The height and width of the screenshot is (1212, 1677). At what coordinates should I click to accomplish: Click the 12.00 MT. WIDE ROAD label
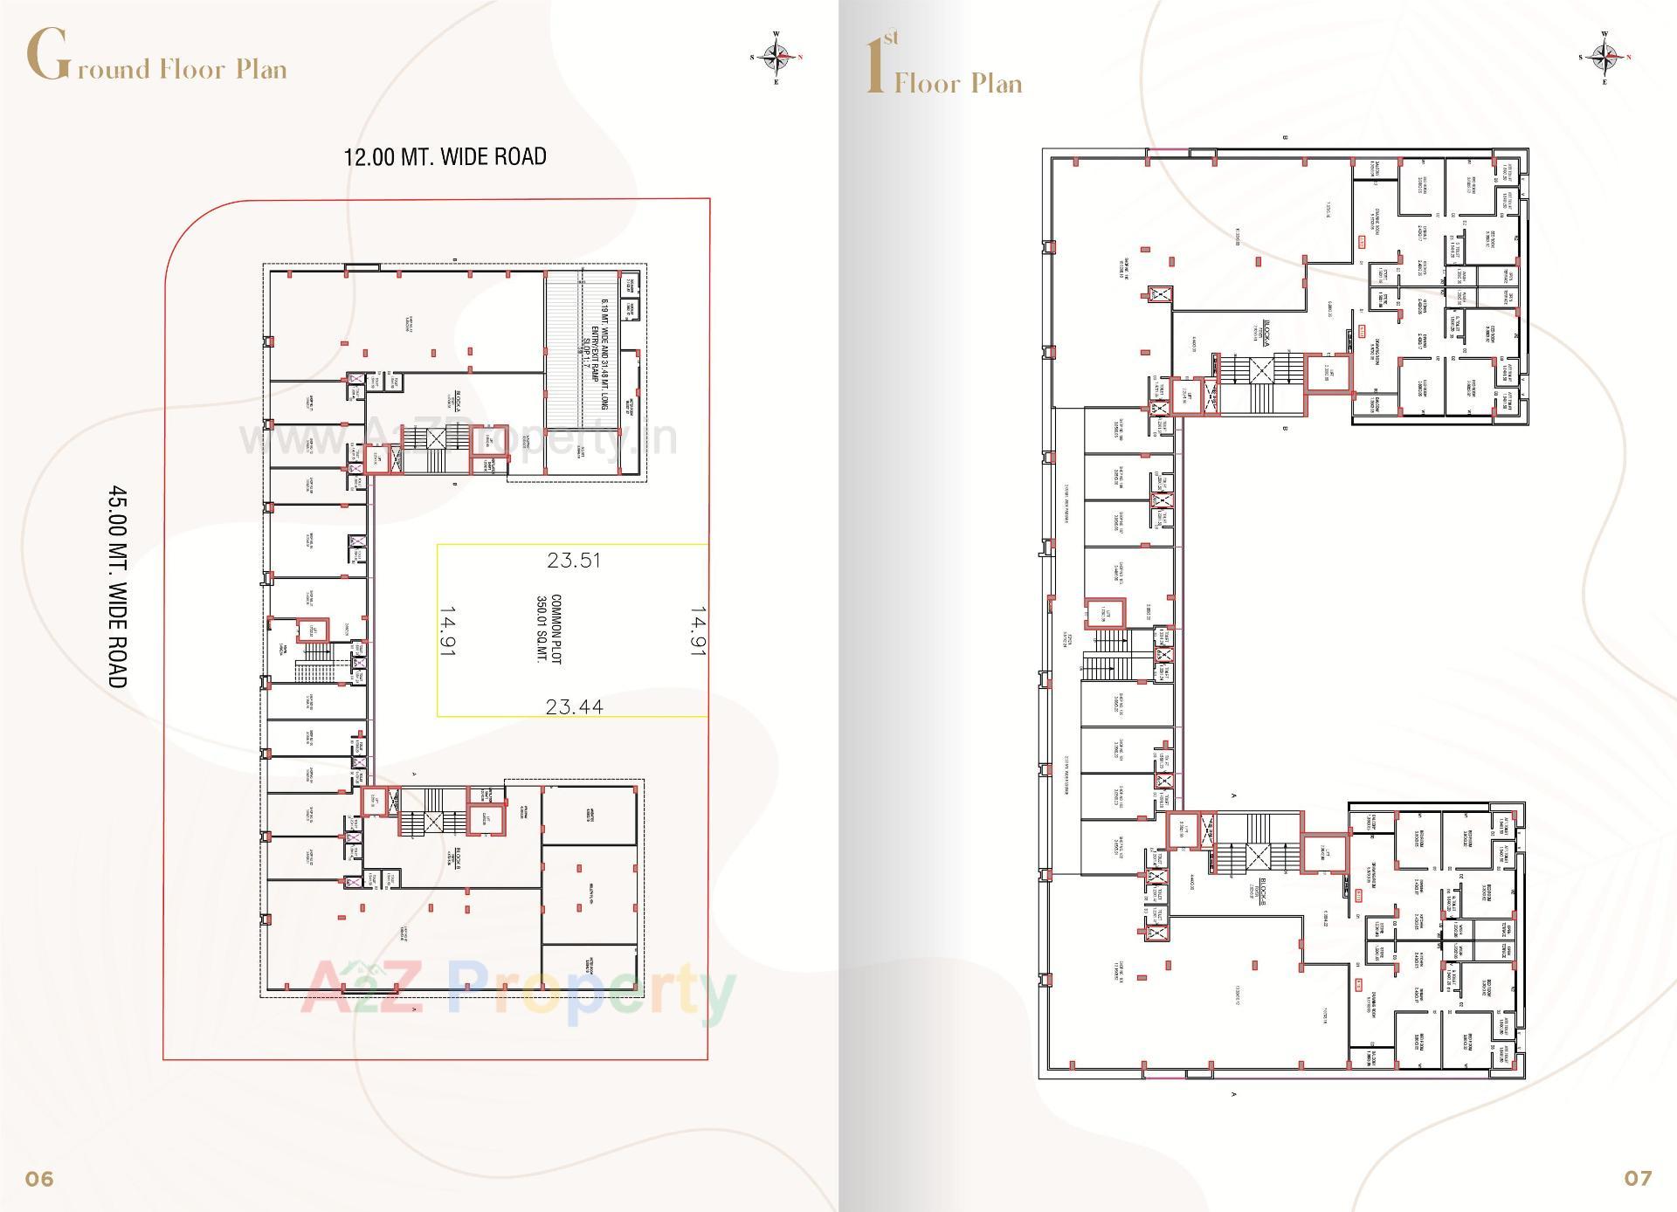(x=445, y=157)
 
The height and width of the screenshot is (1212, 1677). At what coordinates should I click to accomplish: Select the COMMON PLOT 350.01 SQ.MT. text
(x=549, y=630)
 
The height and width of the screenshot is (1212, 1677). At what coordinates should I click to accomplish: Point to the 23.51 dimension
(x=574, y=561)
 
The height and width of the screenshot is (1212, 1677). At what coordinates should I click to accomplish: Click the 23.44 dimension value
(x=574, y=706)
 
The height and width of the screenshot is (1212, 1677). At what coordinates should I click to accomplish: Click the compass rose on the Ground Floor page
(x=776, y=57)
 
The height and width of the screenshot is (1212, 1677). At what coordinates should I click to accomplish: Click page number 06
(x=39, y=1179)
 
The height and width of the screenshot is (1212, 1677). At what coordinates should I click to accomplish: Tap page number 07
(x=1638, y=1178)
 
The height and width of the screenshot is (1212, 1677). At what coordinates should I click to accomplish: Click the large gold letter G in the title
(x=47, y=54)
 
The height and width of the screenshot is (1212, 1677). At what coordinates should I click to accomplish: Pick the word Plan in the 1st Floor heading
(x=997, y=84)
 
